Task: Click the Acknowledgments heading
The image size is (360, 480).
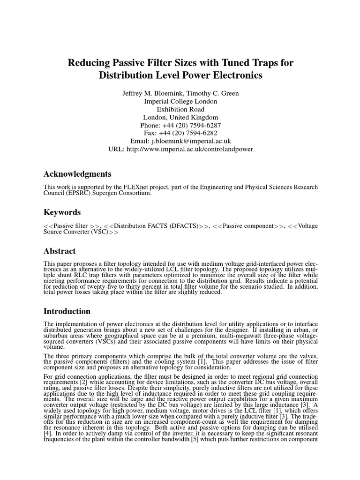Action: [x=77, y=174]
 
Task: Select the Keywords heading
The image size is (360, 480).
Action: [x=62, y=212]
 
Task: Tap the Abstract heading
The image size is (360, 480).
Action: [x=60, y=251]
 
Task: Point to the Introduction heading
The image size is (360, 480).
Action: [x=67, y=311]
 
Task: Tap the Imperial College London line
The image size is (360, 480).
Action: [x=180, y=101]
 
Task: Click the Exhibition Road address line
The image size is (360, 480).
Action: [x=180, y=109]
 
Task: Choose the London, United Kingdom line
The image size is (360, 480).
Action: [x=180, y=117]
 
